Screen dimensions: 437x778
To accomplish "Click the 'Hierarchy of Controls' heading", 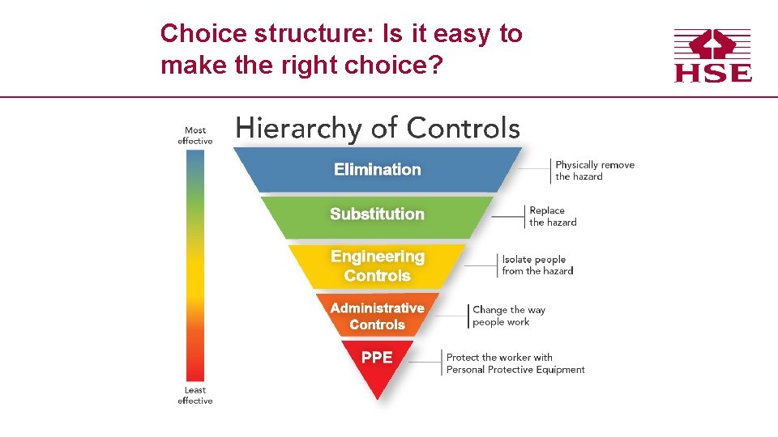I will pyautogui.click(x=378, y=128).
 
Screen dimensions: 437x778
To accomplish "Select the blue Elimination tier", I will pyautogui.click(x=378, y=169).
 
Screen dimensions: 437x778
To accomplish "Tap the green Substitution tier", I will pyautogui.click(x=377, y=214).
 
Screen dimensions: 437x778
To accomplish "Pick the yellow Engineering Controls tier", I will pyautogui.click(x=378, y=266).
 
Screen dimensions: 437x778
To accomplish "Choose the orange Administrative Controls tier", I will pyautogui.click(x=377, y=316).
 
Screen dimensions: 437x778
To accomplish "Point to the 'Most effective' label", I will pyautogui.click(x=195, y=135).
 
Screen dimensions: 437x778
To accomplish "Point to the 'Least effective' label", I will pyautogui.click(x=195, y=395).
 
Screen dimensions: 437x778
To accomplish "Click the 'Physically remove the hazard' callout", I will pyautogui.click(x=594, y=170).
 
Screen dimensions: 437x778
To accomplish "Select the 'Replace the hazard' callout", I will pyautogui.click(x=553, y=216).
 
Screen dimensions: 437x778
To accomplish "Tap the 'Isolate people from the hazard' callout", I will pyautogui.click(x=536, y=265).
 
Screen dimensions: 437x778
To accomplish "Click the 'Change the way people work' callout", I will pyautogui.click(x=509, y=316).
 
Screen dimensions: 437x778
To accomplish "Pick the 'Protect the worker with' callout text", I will pyautogui.click(x=499, y=357).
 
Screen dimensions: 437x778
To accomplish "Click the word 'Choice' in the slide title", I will pyautogui.click(x=203, y=34).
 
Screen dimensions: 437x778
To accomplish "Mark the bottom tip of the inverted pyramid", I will pyautogui.click(x=377, y=397).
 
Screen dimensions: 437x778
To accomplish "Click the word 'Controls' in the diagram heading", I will pyautogui.click(x=464, y=128).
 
